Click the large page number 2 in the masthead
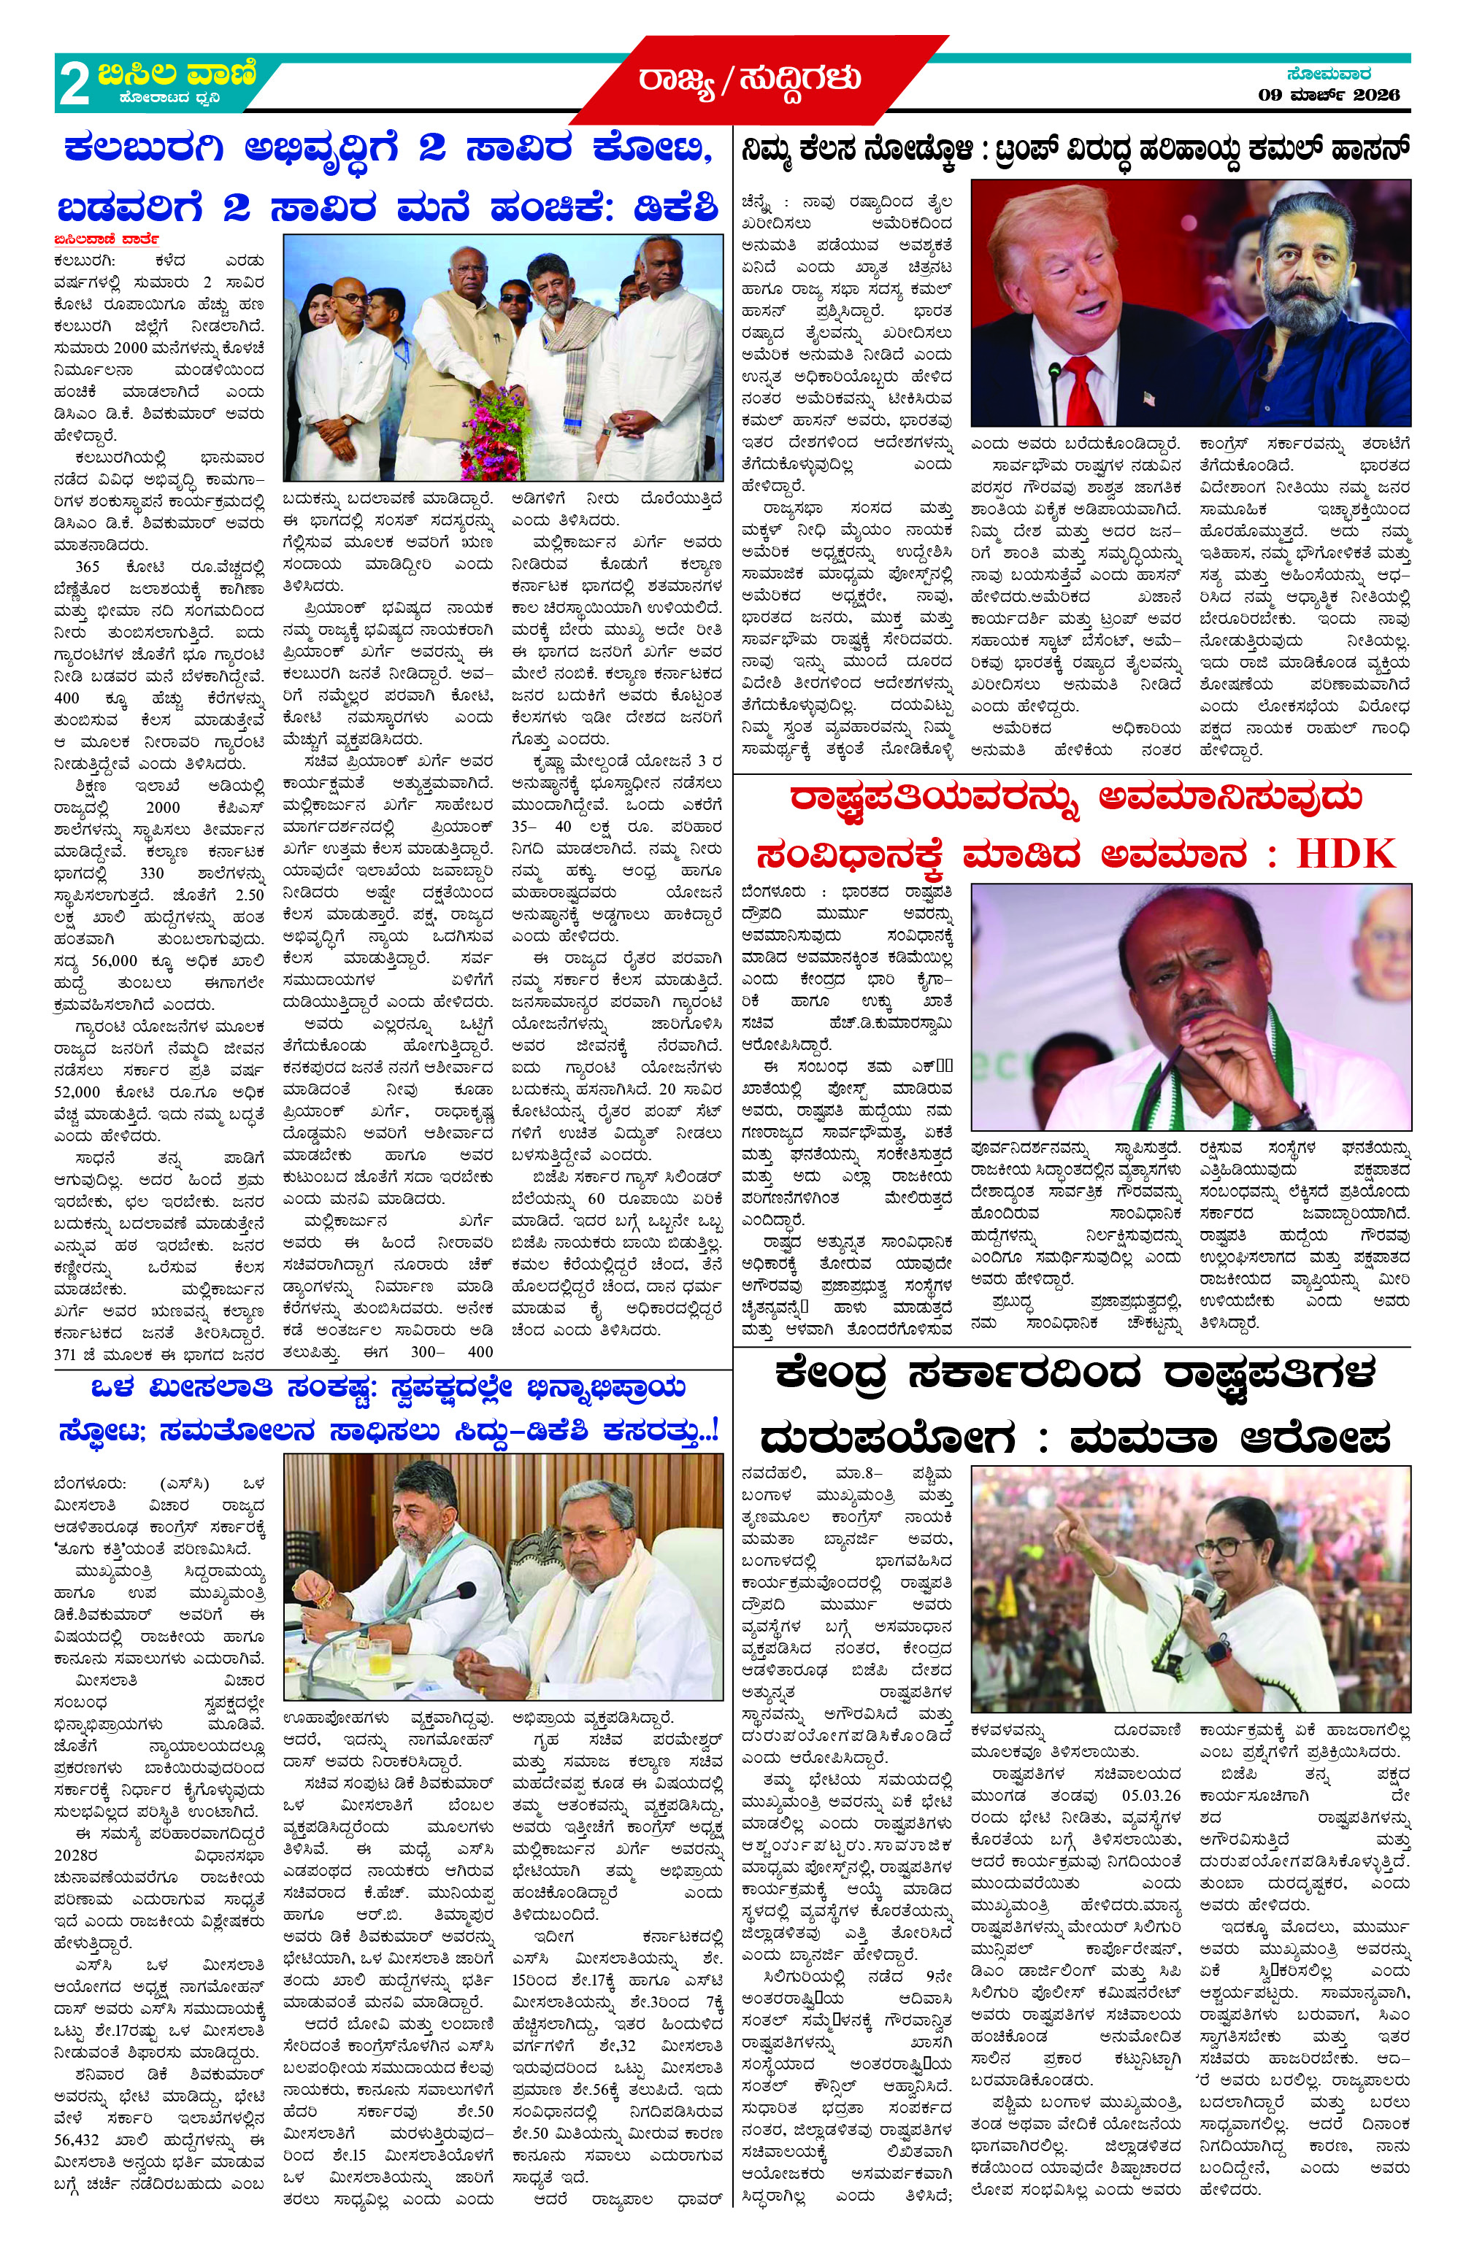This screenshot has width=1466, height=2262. [74, 85]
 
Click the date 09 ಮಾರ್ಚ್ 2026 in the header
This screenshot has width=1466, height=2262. [1328, 94]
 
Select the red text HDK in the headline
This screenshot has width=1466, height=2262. [1346, 854]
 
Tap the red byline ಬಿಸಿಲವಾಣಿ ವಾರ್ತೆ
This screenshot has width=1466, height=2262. [107, 239]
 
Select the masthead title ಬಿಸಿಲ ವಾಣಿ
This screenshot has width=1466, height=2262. [176, 73]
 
